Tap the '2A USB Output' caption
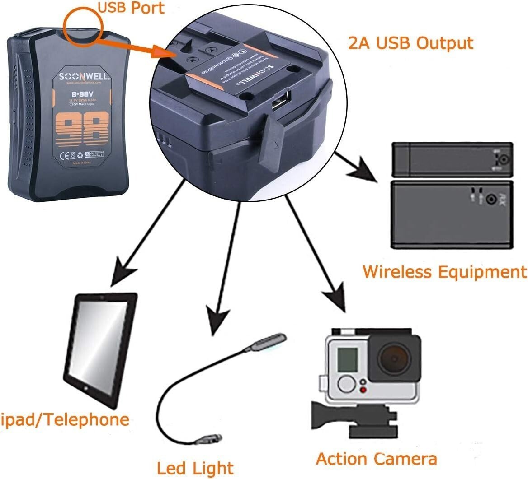click(x=410, y=43)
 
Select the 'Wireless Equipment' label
click(x=444, y=272)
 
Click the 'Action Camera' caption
click(x=376, y=459)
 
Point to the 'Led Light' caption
click(x=195, y=468)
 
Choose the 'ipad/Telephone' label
click(x=65, y=419)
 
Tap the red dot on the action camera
click(x=362, y=390)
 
